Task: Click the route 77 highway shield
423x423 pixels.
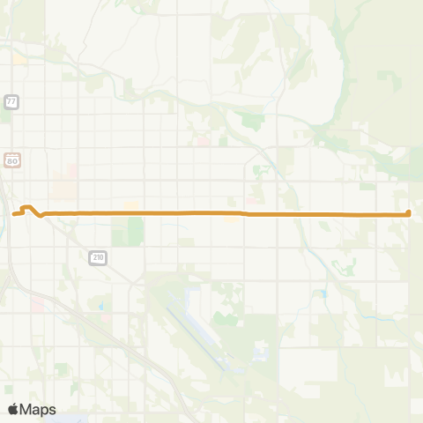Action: [x=11, y=102]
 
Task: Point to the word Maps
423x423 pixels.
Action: [x=39, y=409]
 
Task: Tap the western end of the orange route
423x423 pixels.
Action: [x=15, y=213]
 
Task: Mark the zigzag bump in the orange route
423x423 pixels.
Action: [x=31, y=209]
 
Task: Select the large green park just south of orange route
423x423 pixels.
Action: [x=135, y=231]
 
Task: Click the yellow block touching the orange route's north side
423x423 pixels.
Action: [x=131, y=206]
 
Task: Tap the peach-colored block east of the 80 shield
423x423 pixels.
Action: [x=64, y=188]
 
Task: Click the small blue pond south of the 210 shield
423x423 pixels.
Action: [x=101, y=306]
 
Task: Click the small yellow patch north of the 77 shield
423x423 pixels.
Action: [x=19, y=60]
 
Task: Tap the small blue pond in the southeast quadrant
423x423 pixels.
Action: [x=323, y=293]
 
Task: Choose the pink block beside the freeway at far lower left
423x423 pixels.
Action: [x=38, y=305]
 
